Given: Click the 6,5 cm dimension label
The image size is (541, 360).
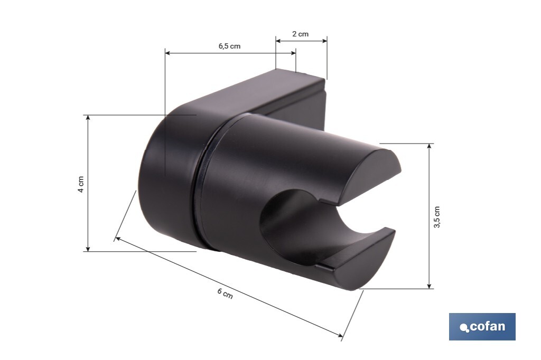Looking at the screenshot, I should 229,46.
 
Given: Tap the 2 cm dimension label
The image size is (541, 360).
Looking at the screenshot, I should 300,34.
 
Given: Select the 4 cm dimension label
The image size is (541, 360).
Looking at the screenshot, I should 81,183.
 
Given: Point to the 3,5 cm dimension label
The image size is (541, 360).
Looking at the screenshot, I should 436,216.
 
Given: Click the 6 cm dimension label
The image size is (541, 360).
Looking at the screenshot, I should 225,294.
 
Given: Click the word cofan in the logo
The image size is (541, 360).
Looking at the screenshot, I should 487,326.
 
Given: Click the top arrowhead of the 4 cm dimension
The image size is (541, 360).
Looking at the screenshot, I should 88,117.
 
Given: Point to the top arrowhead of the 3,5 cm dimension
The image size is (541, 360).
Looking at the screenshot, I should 429,146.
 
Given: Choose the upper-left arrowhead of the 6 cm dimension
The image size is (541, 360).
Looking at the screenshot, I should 118,239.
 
